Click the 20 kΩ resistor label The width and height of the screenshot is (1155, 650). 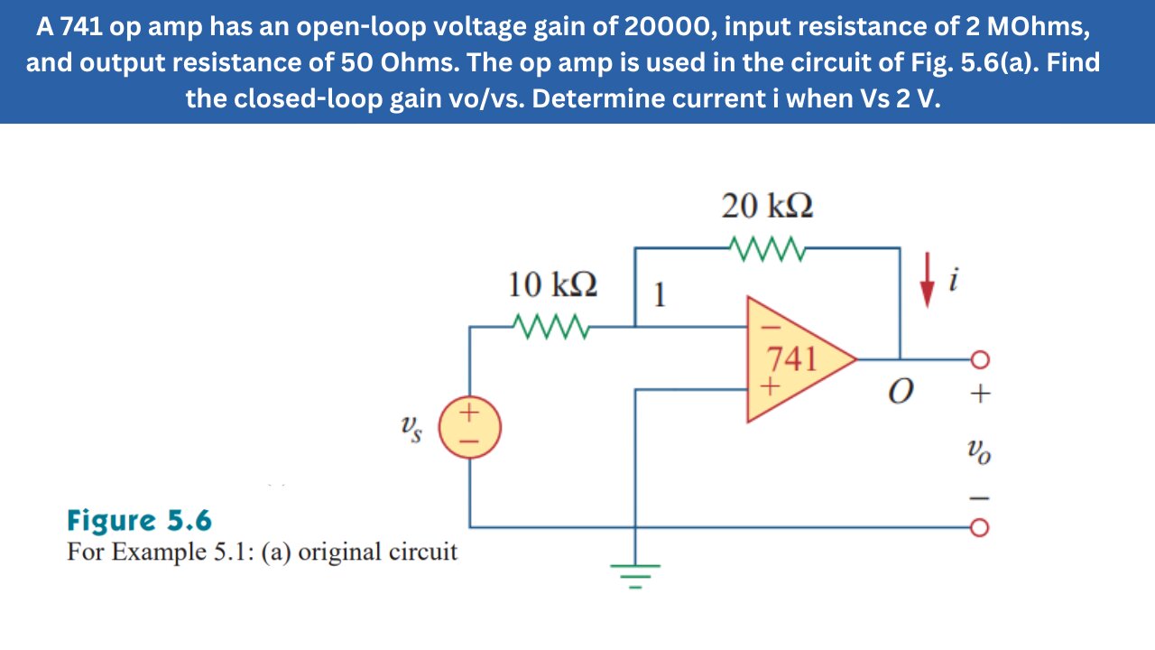coord(767,207)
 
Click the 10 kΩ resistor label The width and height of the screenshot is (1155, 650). coord(551,285)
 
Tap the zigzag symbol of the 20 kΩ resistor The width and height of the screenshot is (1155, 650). coord(767,246)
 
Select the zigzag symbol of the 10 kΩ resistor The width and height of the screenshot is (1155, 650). coord(551,324)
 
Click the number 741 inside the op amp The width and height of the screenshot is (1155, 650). coord(791,359)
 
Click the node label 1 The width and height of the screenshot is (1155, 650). coord(660,295)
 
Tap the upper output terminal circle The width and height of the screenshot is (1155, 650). coord(980,359)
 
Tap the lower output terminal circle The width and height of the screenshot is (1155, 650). coord(980,526)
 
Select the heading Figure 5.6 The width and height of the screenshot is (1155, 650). coord(139,521)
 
